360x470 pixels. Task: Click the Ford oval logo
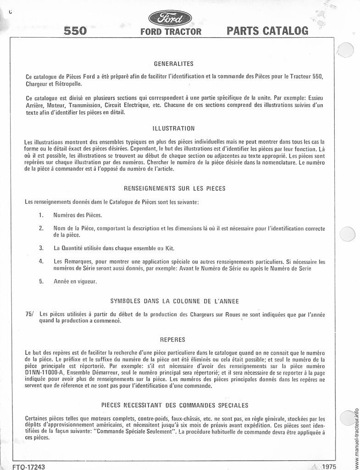click(x=170, y=19)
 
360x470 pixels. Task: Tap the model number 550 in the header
click(x=75, y=31)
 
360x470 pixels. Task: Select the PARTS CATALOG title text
click(x=267, y=31)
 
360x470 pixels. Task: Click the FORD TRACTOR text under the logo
click(x=171, y=32)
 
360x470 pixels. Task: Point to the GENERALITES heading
click(x=173, y=64)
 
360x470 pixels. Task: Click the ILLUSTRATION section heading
click(x=173, y=128)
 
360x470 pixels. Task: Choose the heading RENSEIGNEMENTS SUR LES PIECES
click(x=174, y=189)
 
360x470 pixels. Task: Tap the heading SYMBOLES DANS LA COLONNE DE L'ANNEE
click(x=174, y=301)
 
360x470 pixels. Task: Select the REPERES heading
click(x=172, y=340)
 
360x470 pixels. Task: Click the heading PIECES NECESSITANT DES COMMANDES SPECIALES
click(x=174, y=405)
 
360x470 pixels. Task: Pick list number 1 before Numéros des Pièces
click(x=41, y=215)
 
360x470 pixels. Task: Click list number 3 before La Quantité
click(x=41, y=248)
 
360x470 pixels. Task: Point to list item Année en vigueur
click(x=75, y=281)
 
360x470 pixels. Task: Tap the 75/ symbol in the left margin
click(x=30, y=314)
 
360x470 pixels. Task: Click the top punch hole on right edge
click(x=345, y=49)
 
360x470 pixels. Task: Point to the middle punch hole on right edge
click(x=347, y=234)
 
